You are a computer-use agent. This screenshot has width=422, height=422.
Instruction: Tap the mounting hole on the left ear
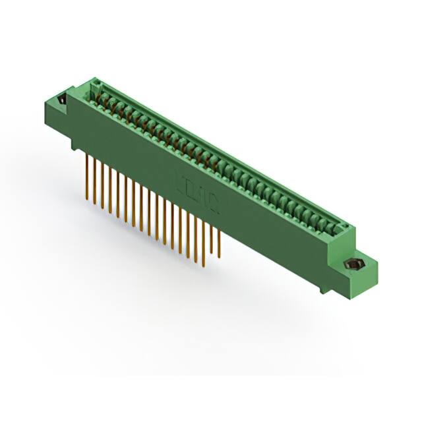62,100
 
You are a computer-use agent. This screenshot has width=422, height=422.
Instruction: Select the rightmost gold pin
219,244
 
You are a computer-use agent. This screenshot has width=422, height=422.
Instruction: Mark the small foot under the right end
324,289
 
